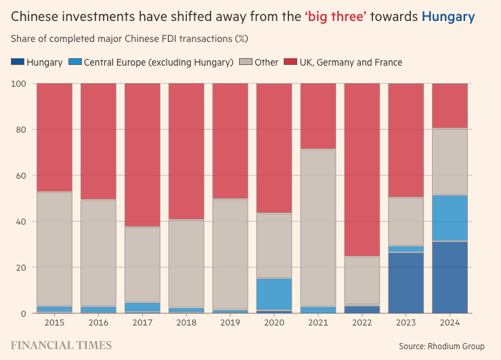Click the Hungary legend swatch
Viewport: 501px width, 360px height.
point(17,62)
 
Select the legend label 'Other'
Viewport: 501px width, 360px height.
point(266,62)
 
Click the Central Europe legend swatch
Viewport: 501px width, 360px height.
point(74,62)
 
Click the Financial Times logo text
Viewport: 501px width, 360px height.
point(61,345)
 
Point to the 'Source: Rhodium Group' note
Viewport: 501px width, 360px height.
point(441,346)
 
